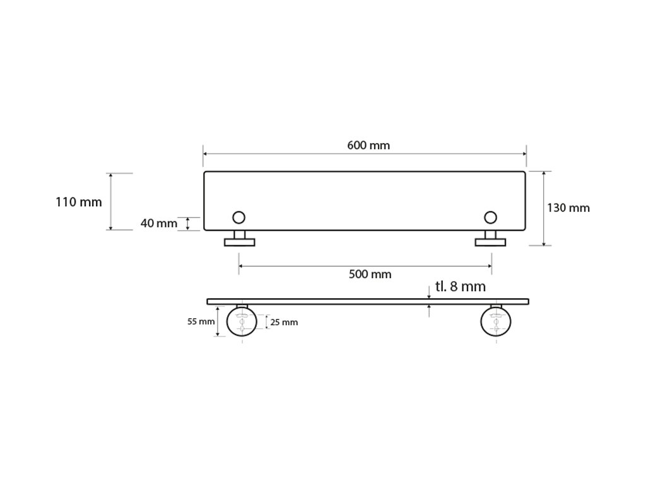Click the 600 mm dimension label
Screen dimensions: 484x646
(368, 146)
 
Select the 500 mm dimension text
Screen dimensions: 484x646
(370, 274)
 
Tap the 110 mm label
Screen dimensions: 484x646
(79, 202)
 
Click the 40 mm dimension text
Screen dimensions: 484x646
(159, 223)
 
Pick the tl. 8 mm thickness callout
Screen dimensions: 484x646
(461, 287)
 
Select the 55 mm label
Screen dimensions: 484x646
(201, 321)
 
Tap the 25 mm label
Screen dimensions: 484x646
(284, 322)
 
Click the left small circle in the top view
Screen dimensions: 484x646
(238, 217)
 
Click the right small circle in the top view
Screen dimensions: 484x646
(490, 217)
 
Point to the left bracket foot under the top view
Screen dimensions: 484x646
(240, 241)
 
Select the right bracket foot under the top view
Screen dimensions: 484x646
(490, 241)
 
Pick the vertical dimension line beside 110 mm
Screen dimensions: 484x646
(111, 202)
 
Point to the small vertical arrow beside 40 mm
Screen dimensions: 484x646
(188, 224)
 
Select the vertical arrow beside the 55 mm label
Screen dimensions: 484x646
(218, 321)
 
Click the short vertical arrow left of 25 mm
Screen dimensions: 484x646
(266, 322)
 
